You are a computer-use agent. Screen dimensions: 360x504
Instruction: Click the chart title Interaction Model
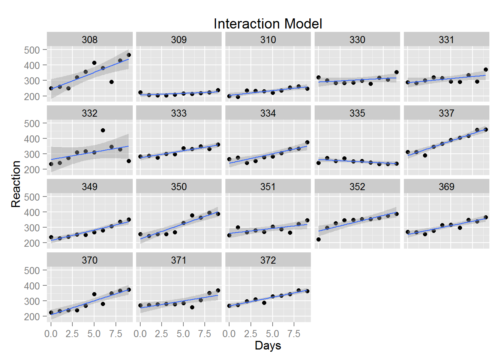[267, 24]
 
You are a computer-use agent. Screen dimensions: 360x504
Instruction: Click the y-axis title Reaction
[16, 184]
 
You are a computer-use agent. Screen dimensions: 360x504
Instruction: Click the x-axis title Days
[268, 345]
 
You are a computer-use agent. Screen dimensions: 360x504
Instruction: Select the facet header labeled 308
[90, 40]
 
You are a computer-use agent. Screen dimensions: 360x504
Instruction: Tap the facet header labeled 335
[357, 113]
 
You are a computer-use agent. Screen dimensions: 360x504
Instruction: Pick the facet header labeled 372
[268, 260]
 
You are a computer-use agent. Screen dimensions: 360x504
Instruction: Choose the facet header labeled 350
[179, 187]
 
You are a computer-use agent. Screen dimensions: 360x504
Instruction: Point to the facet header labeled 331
[446, 40]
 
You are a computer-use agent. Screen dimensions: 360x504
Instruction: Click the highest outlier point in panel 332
[103, 130]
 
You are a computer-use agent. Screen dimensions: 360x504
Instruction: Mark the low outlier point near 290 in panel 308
[111, 82]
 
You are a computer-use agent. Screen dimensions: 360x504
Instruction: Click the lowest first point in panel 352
[318, 239]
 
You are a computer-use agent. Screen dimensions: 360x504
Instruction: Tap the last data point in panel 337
[486, 130]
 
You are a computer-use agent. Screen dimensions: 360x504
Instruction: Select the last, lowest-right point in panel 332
[129, 161]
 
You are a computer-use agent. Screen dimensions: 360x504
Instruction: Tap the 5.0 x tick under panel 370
[94, 334]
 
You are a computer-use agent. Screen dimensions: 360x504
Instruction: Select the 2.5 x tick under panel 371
[162, 334]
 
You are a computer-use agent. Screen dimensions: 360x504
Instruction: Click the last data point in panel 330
[396, 72]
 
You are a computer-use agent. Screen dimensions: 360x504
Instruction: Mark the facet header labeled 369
[446, 187]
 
